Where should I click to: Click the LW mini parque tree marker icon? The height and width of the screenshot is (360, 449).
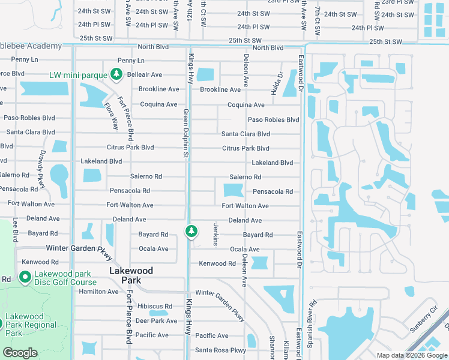pyautogui.click(x=116, y=75)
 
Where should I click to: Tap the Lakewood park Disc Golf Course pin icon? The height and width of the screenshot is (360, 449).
pyautogui.click(x=25, y=277)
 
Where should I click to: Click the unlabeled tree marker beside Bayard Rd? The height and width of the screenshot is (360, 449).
pyautogui.click(x=191, y=231)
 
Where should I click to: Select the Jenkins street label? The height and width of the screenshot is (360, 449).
pyautogui.click(x=215, y=233)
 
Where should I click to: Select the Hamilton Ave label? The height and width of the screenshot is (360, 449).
pyautogui.click(x=98, y=292)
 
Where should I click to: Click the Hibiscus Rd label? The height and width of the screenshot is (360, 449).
pyautogui.click(x=154, y=307)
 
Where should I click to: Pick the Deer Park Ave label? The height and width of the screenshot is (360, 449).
pyautogui.click(x=156, y=321)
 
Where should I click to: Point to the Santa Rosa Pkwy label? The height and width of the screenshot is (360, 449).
pyautogui.click(x=220, y=350)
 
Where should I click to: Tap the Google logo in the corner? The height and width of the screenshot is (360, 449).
pyautogui.click(x=20, y=353)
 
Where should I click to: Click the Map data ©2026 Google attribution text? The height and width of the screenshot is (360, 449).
pyautogui.click(x=411, y=355)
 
